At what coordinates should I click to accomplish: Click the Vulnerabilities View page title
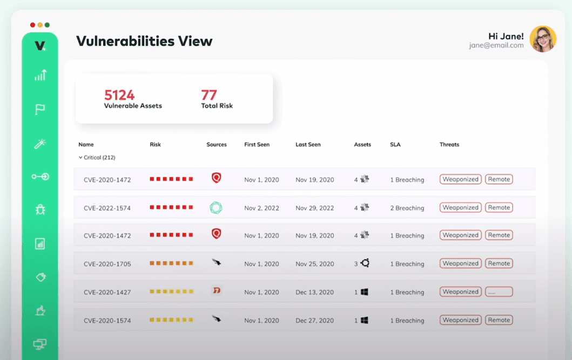[x=144, y=41]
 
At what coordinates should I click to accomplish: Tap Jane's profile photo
[x=542, y=39]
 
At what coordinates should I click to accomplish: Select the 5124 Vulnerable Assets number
[x=119, y=96]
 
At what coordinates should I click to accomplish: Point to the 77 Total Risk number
[x=209, y=96]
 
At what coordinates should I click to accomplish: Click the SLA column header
[x=395, y=145]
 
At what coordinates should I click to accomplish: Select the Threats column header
[x=449, y=145]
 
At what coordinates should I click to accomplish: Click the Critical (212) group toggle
[x=97, y=158]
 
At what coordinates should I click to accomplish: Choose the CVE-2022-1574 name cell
[x=107, y=208]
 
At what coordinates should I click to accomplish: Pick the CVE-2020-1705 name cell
[x=107, y=264]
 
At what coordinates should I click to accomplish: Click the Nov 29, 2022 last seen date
[x=314, y=208]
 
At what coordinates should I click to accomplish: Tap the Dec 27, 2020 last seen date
[x=314, y=321]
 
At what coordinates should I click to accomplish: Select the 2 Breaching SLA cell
[x=407, y=208]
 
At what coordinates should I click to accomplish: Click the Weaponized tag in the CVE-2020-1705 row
[x=461, y=263]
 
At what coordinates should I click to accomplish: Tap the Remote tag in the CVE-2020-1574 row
[x=499, y=320]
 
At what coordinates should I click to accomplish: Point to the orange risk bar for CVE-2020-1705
[x=171, y=263]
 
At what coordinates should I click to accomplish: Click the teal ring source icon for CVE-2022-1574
[x=216, y=208]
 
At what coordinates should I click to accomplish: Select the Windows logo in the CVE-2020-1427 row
[x=365, y=292]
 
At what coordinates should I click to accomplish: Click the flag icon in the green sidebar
[x=40, y=110]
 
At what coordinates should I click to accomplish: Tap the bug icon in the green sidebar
[x=40, y=209]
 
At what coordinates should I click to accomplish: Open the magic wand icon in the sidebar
[x=40, y=144]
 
